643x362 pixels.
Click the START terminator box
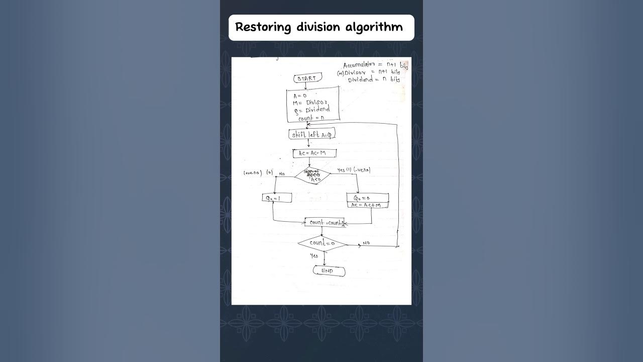pyautogui.click(x=306, y=78)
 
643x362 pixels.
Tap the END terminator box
pyautogui.click(x=329, y=271)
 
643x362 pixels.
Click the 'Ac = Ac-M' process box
pyautogui.click(x=314, y=153)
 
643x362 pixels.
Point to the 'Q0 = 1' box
pyautogui.click(x=277, y=198)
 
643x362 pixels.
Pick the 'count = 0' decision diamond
pyautogui.click(x=322, y=244)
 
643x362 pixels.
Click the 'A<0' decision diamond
pyautogui.click(x=312, y=176)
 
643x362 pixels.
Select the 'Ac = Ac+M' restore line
pyautogui.click(x=367, y=205)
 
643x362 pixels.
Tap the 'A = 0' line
pyautogui.click(x=300, y=95)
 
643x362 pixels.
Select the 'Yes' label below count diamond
pyautogui.click(x=314, y=256)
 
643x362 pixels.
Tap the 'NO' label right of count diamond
pyautogui.click(x=366, y=243)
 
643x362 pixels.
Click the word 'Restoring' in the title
pyautogui.click(x=263, y=27)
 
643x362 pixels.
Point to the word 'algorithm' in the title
pyautogui.click(x=374, y=27)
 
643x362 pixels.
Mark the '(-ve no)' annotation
pyautogui.click(x=362, y=170)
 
